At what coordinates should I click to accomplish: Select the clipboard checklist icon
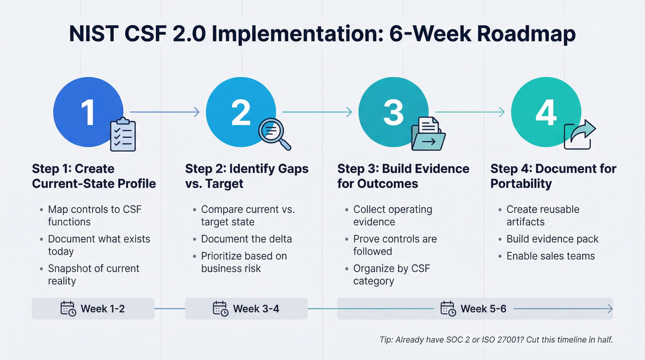(123, 135)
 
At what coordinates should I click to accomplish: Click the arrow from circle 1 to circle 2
(164, 112)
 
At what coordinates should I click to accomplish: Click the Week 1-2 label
(103, 309)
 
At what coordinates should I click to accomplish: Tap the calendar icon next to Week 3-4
(221, 309)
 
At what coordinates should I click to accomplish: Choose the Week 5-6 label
(483, 309)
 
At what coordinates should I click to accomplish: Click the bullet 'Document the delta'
(246, 239)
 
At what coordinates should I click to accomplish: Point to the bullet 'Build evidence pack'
(552, 239)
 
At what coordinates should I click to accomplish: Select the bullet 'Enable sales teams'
(551, 256)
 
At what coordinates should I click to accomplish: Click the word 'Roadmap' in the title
(526, 34)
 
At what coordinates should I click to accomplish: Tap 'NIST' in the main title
(94, 34)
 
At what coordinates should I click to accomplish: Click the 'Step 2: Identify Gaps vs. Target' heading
(246, 176)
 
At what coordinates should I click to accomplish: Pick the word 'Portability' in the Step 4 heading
(521, 184)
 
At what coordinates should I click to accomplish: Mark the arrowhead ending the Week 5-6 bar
(610, 309)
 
